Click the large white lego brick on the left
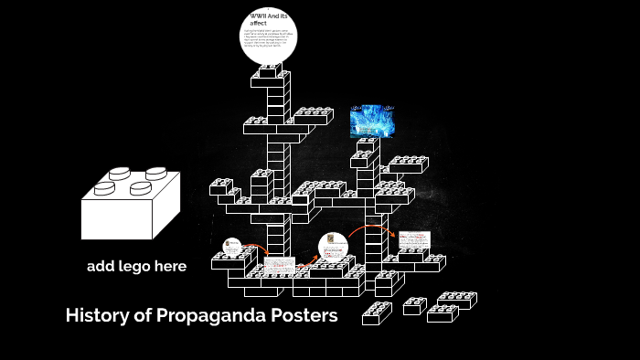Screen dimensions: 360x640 130,206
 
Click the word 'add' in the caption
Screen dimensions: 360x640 101,267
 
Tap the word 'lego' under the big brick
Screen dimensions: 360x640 136,268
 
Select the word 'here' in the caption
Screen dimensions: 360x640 171,267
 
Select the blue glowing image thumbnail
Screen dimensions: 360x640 372,121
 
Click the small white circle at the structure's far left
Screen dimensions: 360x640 232,246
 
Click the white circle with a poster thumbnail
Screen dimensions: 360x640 334,247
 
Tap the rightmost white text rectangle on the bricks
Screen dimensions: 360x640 413,239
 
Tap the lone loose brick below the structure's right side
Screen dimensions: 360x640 376,313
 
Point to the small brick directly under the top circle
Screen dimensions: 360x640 270,69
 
